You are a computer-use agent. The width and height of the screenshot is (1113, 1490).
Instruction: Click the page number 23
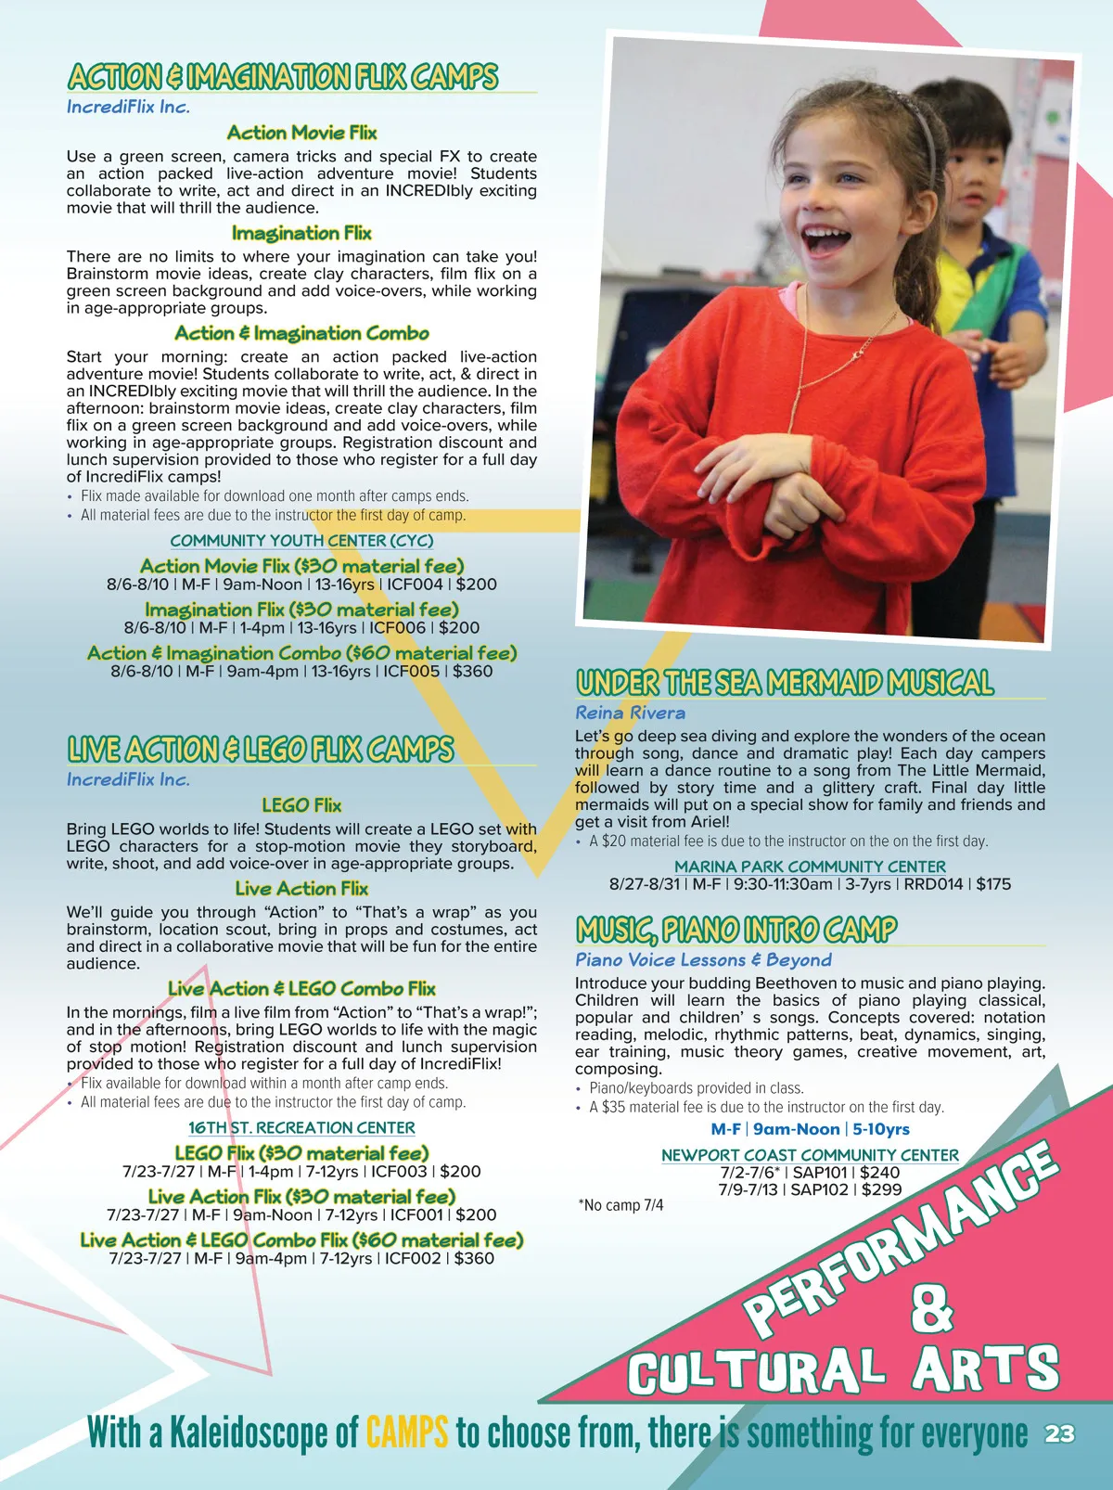click(1059, 1433)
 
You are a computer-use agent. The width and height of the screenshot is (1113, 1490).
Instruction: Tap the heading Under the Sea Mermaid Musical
click(785, 683)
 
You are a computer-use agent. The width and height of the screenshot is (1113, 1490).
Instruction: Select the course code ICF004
click(415, 584)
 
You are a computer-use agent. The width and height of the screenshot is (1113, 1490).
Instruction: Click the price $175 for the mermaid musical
click(993, 884)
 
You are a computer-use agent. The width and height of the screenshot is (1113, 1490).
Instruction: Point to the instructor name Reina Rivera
click(630, 713)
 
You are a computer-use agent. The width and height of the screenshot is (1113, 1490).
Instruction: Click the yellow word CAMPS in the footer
click(407, 1432)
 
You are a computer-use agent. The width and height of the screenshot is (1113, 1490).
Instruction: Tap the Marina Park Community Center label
click(810, 867)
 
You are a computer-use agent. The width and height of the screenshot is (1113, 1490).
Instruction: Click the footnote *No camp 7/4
click(620, 1205)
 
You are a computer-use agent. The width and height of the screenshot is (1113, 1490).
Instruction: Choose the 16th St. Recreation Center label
click(301, 1127)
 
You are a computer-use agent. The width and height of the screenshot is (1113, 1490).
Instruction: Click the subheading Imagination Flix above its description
click(301, 233)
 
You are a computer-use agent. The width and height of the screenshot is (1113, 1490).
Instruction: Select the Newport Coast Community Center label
click(810, 1155)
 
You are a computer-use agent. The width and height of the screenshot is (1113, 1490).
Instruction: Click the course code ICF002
click(413, 1258)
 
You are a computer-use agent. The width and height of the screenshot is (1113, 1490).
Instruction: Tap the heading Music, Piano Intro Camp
click(736, 929)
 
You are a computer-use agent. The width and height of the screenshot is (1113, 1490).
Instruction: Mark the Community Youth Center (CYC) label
click(301, 540)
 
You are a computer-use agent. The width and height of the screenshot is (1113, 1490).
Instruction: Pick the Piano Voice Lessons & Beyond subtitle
click(703, 959)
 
